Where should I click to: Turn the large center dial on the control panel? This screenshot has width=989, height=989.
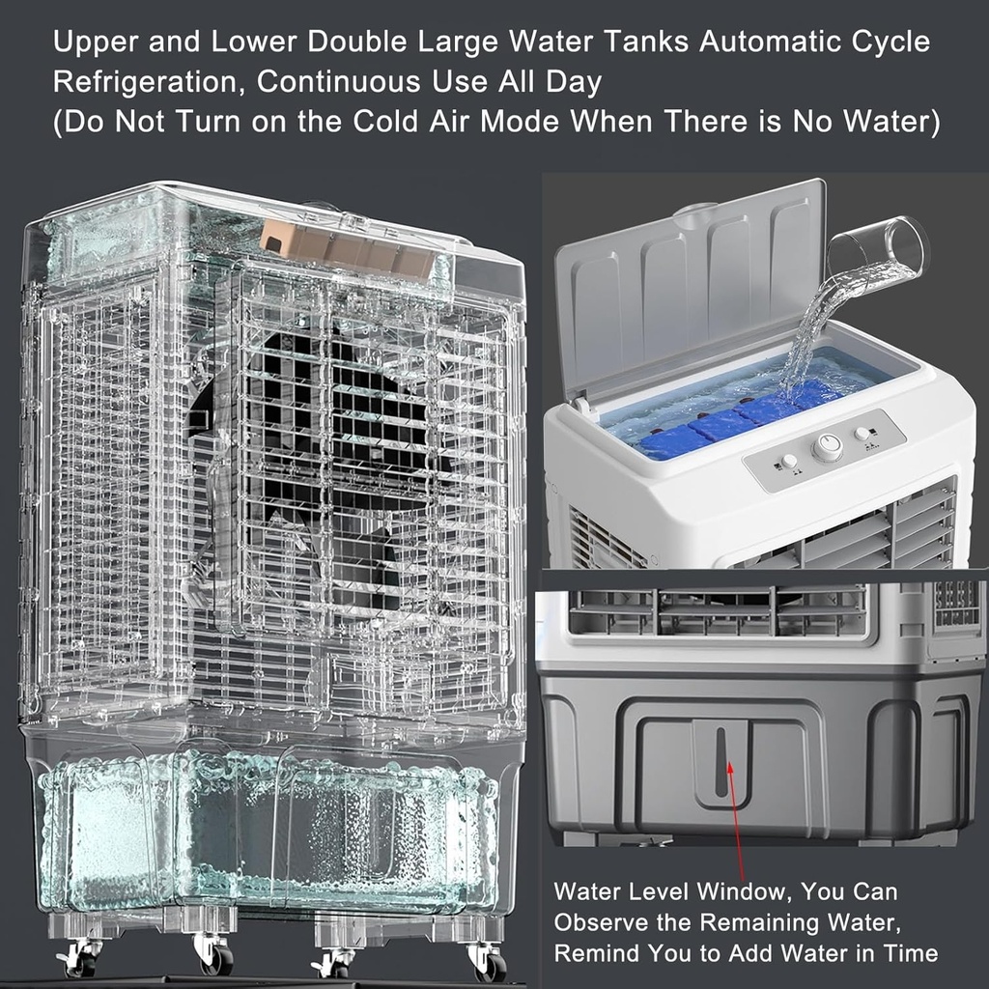[x=827, y=447]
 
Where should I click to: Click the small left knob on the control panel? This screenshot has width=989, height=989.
[x=789, y=461]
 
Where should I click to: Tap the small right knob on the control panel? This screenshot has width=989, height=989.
[x=862, y=434]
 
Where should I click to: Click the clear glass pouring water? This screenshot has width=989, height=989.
[x=879, y=246]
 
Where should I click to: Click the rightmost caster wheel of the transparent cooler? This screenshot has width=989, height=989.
[x=489, y=961]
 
